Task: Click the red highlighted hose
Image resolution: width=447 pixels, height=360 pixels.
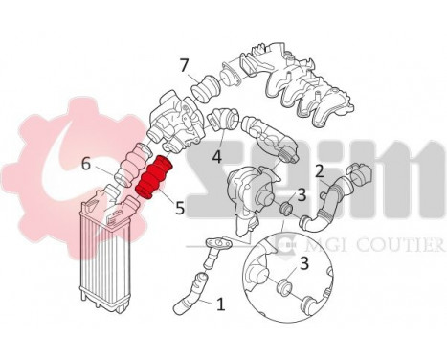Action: pyautogui.click(x=153, y=179)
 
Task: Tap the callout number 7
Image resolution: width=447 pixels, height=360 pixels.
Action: pyautogui.click(x=184, y=65)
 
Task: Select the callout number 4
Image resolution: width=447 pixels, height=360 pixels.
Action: pyautogui.click(x=217, y=155)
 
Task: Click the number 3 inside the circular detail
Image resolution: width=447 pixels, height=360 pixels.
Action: pyautogui.click(x=303, y=262)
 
